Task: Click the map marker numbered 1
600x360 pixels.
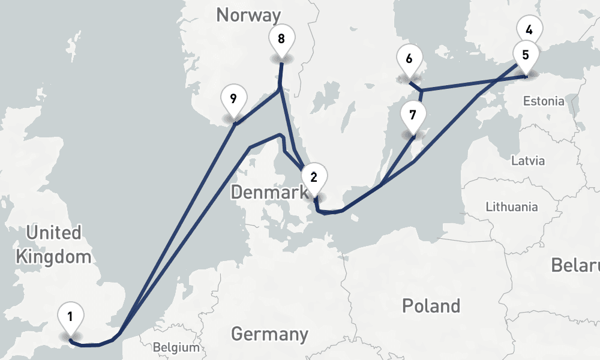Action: click(x=71, y=316)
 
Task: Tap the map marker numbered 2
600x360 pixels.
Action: click(x=314, y=177)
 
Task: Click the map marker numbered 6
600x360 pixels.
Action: click(x=409, y=59)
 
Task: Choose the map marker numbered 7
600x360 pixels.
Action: click(x=413, y=114)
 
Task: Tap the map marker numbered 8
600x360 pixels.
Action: click(x=281, y=40)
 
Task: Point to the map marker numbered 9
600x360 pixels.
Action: click(x=233, y=98)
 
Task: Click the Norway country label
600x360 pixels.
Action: click(x=248, y=15)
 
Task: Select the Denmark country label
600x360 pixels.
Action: click(x=269, y=193)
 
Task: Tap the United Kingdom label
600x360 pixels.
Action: click(x=54, y=245)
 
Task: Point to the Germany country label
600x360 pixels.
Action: click(x=269, y=334)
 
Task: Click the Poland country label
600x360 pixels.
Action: click(x=431, y=306)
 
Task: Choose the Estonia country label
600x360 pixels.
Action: click(x=543, y=101)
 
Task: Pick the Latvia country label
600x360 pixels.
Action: click(x=528, y=161)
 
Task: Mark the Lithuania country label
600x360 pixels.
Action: click(x=511, y=207)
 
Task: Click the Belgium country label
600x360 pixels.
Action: click(x=176, y=347)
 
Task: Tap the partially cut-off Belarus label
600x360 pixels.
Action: click(x=576, y=265)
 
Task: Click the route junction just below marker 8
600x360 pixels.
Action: click(x=280, y=90)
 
